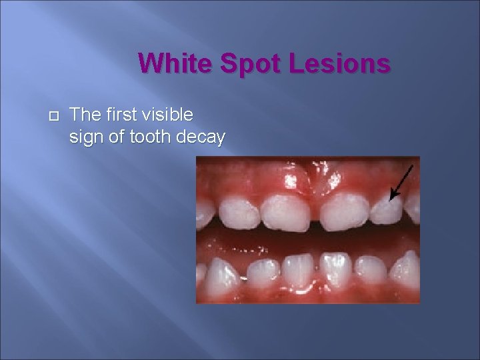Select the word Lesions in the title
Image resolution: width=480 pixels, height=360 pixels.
point(340,64)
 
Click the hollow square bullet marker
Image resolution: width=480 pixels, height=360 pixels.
point(54,116)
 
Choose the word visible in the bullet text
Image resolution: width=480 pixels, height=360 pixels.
point(171,115)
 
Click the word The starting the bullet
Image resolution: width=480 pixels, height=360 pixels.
point(84,115)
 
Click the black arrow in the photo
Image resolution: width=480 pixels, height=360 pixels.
point(401,181)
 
